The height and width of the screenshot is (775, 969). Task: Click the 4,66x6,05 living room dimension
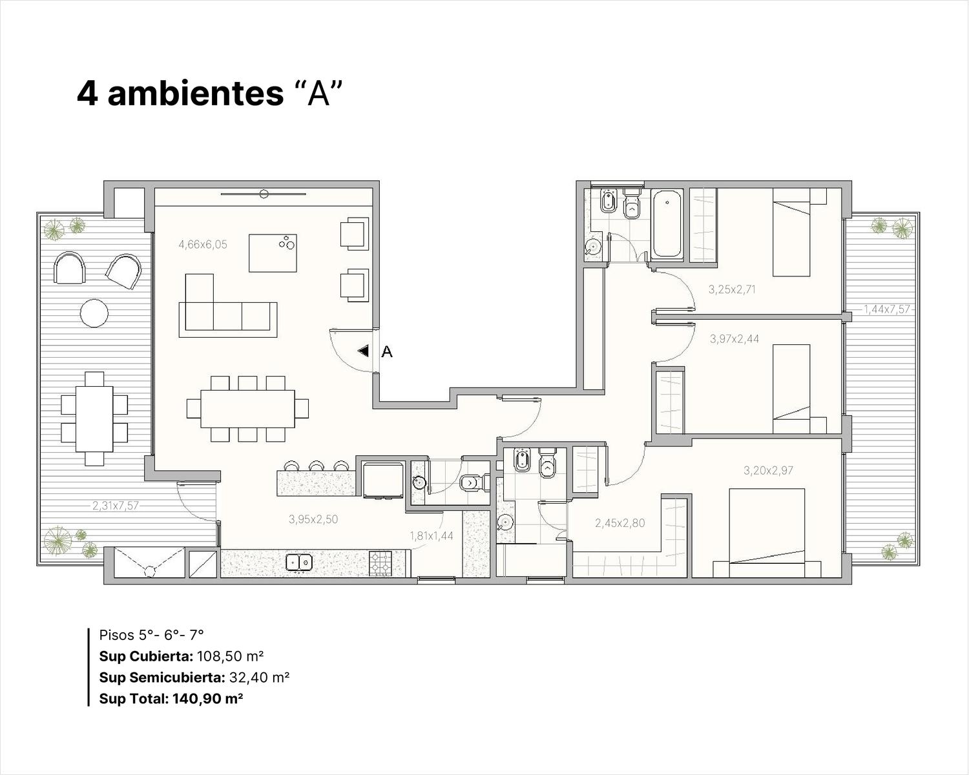coord(203,245)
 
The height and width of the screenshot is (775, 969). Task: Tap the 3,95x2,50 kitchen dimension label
coord(313,519)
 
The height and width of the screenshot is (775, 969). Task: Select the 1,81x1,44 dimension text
coord(432,536)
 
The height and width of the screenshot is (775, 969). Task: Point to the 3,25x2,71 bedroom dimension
coord(732,289)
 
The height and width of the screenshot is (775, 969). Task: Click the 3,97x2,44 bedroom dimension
coord(735,338)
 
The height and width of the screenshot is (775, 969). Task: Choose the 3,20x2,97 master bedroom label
coord(768,471)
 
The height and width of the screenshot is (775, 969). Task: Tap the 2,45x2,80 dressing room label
coord(620,523)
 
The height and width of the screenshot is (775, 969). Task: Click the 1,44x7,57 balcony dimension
coord(886,309)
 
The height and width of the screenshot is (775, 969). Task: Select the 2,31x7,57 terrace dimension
coord(116,506)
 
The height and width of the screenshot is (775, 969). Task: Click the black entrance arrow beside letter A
coord(363,351)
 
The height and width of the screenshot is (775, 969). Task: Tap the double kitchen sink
coord(299,562)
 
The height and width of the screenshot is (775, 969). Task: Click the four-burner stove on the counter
coord(380,563)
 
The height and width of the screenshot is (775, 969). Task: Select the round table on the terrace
coord(94,313)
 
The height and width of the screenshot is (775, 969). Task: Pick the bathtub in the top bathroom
coord(667,224)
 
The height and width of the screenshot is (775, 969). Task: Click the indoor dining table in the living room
coord(247,408)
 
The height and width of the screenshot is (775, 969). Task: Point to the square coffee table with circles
coord(273,253)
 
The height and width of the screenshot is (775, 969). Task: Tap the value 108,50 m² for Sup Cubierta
coord(229,657)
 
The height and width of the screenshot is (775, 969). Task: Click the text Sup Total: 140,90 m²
coord(171,699)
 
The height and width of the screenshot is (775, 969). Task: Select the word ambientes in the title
coord(196,94)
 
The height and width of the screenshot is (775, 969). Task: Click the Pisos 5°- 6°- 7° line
coord(151,635)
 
